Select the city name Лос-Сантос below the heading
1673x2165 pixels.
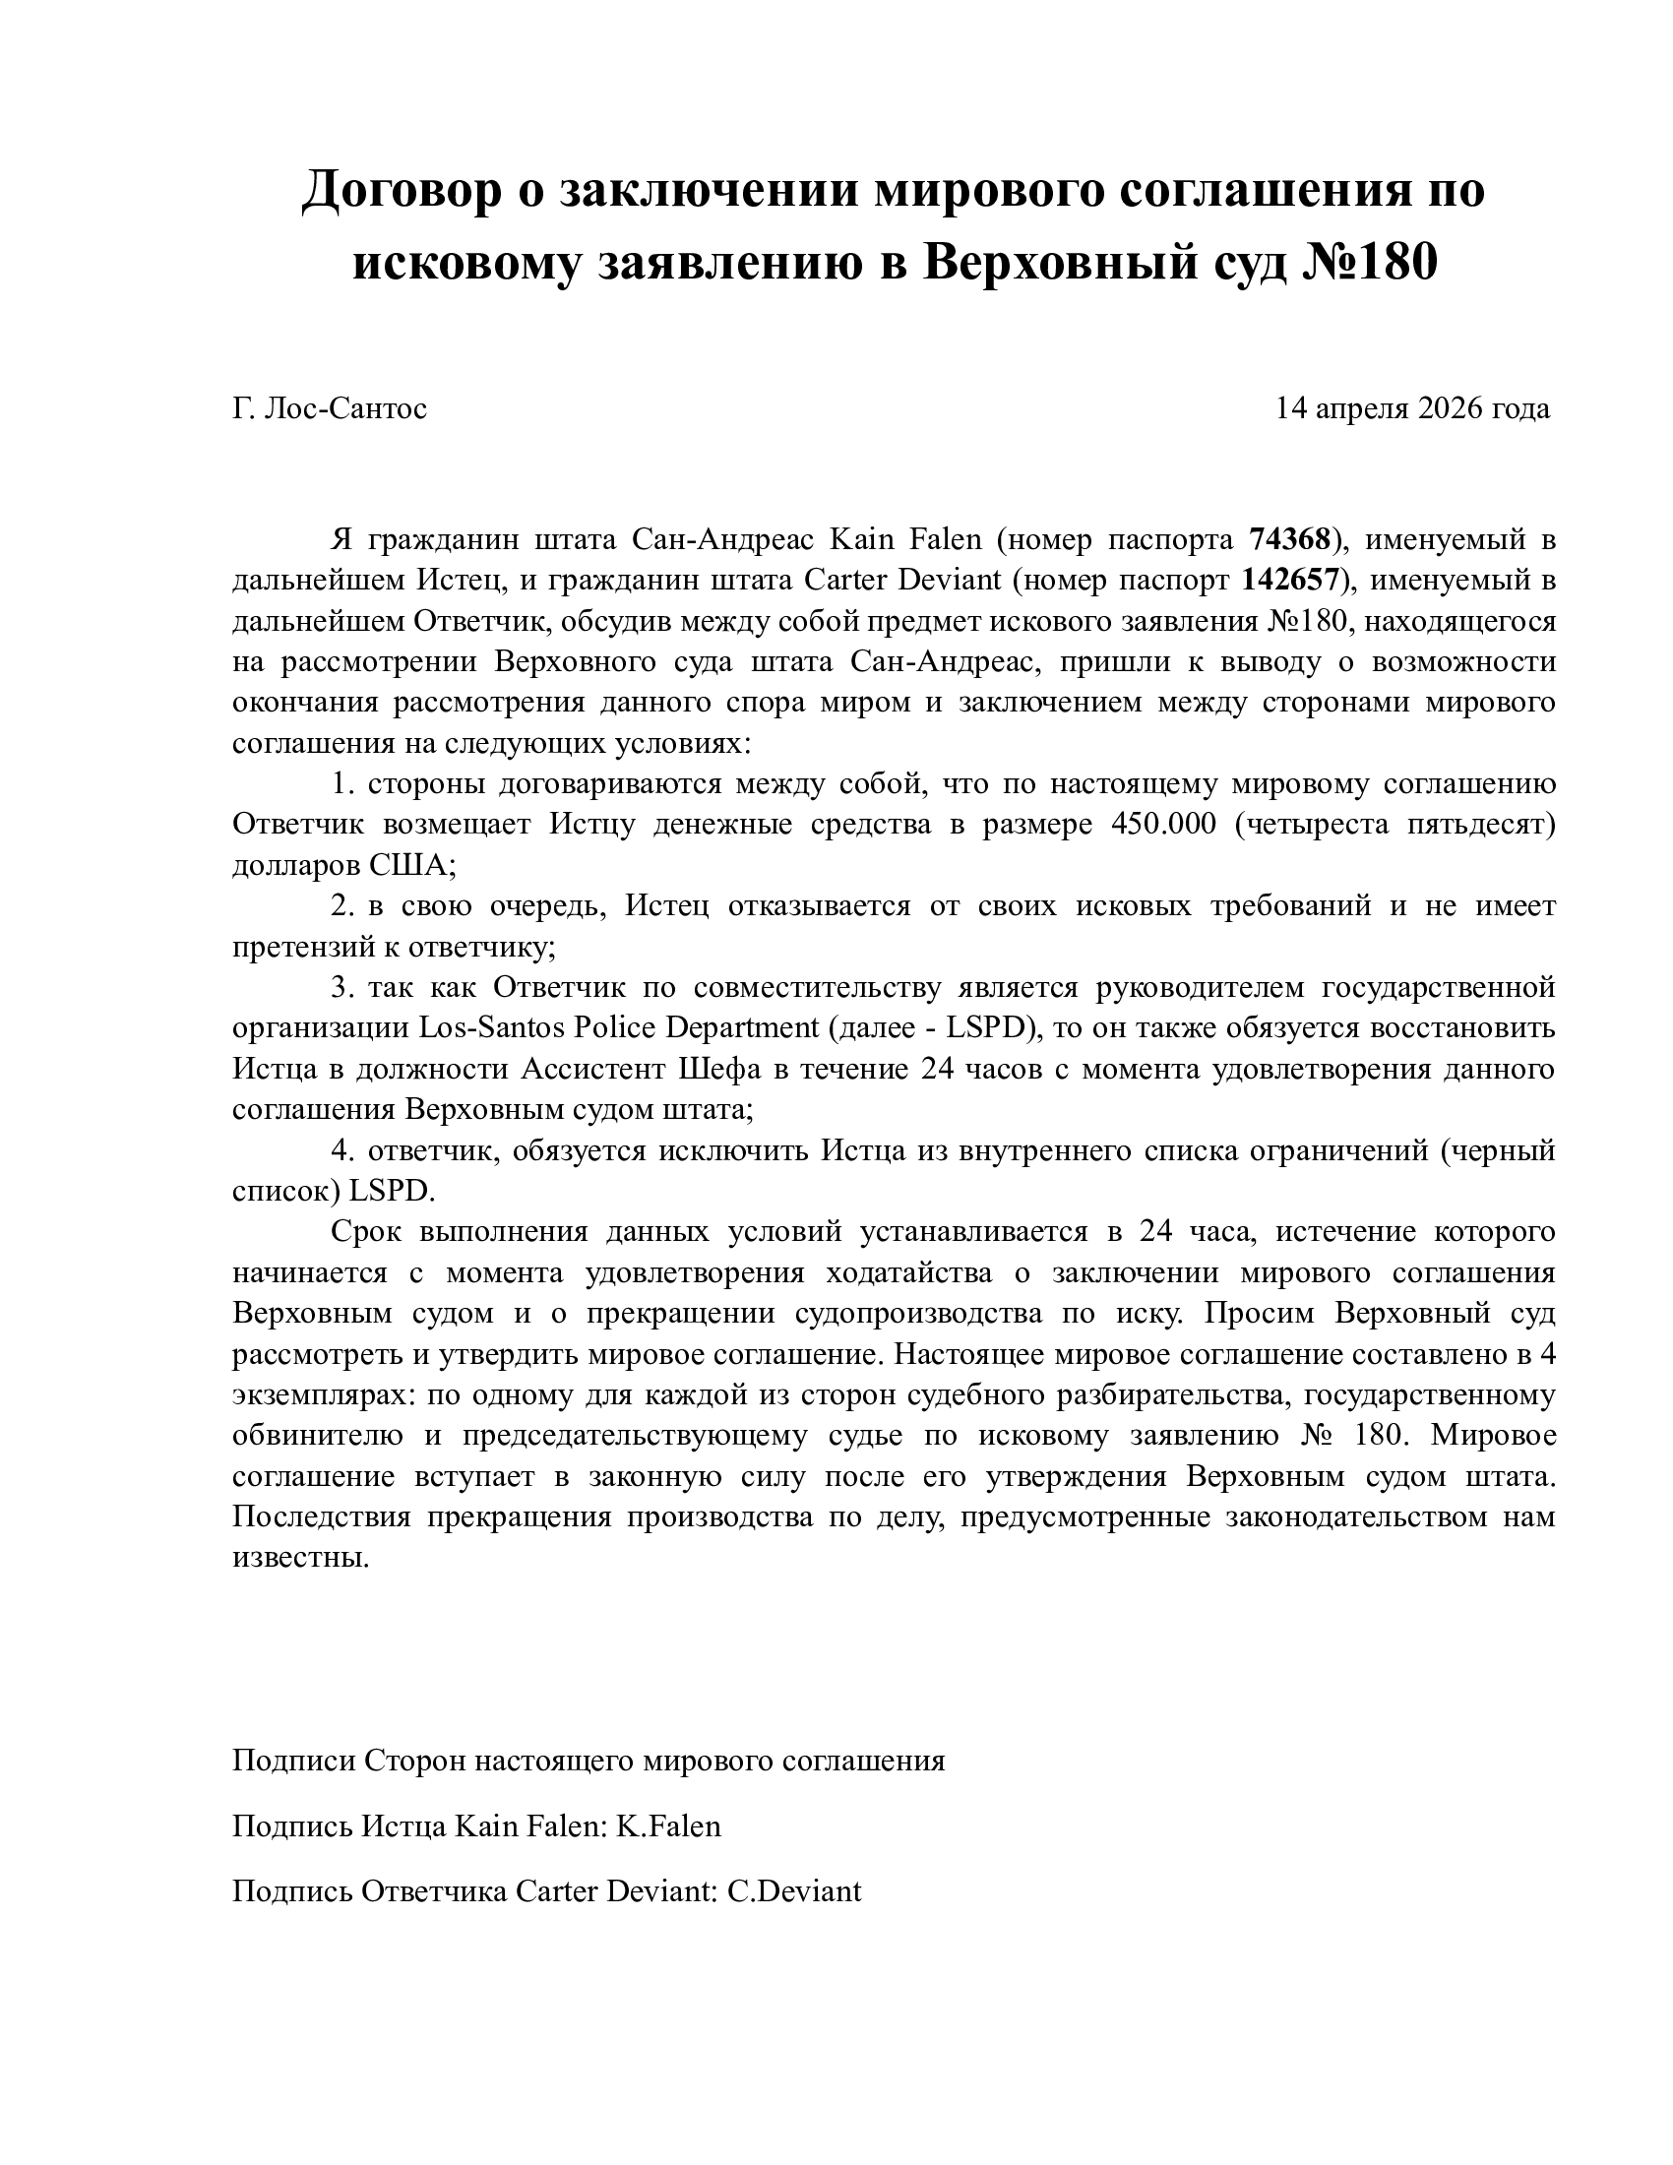pyautogui.click(x=345, y=408)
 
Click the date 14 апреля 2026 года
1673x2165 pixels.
pyautogui.click(x=1412, y=408)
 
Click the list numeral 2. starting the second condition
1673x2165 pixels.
pyautogui.click(x=342, y=906)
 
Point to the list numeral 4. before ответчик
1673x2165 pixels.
pyautogui.click(x=342, y=1151)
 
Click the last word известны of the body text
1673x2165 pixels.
pyautogui.click(x=300, y=1558)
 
